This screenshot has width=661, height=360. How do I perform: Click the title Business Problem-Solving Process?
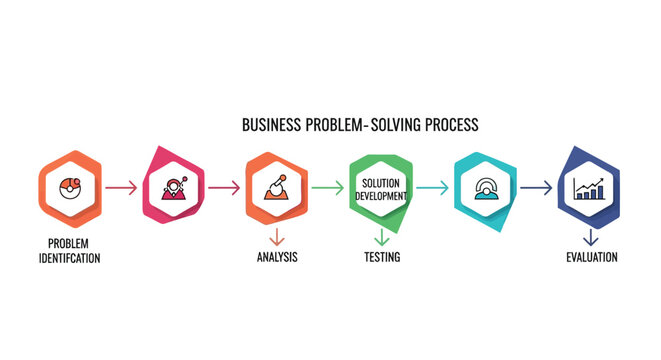coord(360,125)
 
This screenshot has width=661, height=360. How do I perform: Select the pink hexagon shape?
coord(174,186)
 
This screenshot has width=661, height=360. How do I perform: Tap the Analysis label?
coord(277,257)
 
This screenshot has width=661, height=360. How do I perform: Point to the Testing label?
coord(381,257)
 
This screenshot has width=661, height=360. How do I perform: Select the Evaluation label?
coord(590,257)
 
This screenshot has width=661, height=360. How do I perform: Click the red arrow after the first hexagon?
coord(122,186)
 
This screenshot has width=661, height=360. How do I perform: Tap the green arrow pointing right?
coord(327,186)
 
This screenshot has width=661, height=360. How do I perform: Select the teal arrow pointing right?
coord(432,186)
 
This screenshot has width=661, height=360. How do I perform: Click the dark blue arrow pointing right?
coord(537,186)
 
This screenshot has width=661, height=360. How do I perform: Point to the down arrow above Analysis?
coord(277,237)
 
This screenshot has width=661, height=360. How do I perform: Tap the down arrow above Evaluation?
coord(590,237)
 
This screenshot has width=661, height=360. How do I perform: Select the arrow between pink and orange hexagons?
coord(224,186)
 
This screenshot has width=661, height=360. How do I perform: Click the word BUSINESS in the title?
coord(271,125)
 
